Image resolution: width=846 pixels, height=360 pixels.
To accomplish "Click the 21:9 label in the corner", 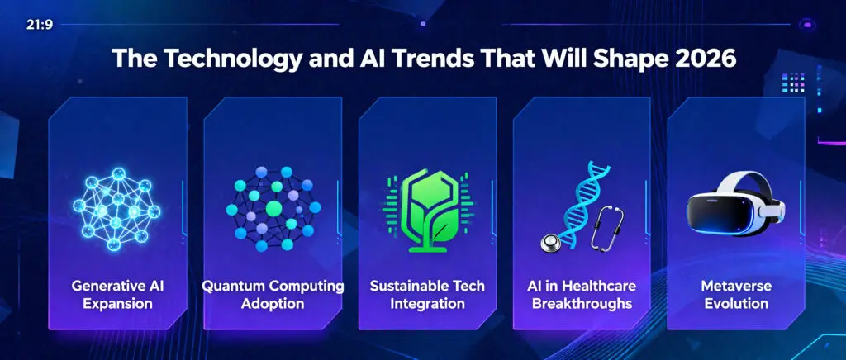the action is tap(40, 25).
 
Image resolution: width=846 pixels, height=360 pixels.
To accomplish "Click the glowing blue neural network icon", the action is tap(116, 209).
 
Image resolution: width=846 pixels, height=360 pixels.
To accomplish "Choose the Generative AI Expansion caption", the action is tap(117, 294).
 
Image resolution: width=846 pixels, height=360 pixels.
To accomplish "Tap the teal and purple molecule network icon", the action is tap(273, 209).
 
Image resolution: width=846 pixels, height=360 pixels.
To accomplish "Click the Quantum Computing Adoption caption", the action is tap(273, 294).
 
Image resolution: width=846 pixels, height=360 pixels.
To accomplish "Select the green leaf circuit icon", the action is tap(428, 211).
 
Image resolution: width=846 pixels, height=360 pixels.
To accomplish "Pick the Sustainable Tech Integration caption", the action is tap(427, 294).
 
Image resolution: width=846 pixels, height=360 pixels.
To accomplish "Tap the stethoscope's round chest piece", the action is tap(549, 244).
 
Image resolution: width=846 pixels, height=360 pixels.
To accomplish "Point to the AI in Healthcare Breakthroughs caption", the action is tap(582, 294).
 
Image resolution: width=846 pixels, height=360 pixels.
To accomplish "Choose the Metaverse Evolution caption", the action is tap(736, 294).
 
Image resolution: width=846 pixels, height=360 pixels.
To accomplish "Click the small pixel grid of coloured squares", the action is tap(793, 83).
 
